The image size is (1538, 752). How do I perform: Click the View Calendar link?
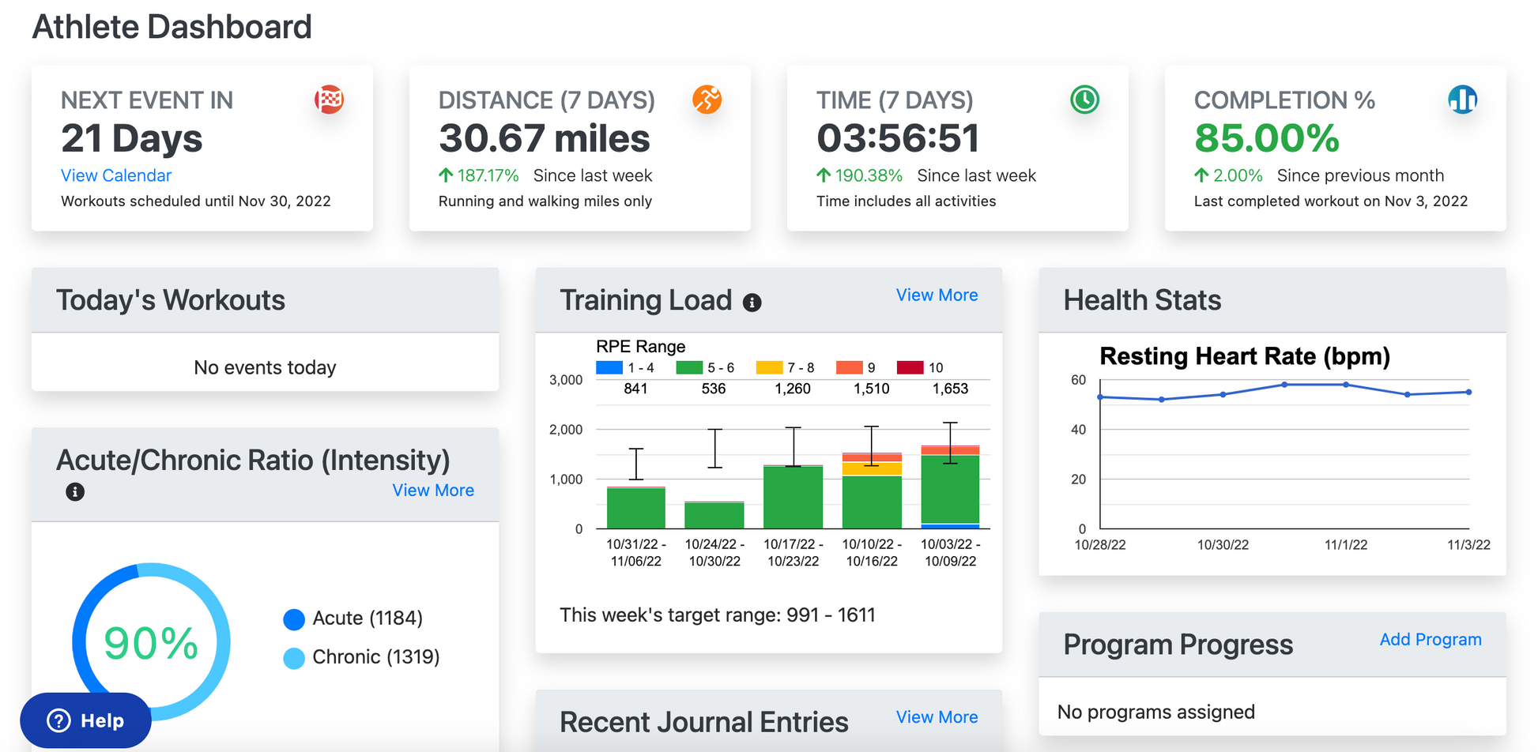point(116,175)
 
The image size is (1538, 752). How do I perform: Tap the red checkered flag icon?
point(329,100)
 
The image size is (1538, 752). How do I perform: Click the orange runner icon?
point(707,100)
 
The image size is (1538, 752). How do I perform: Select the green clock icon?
point(1084,100)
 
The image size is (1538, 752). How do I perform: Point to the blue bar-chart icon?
point(1462,100)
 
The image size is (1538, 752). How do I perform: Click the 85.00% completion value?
point(1266,138)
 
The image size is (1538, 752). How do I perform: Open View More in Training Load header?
point(937,295)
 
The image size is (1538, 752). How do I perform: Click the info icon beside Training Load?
point(752,303)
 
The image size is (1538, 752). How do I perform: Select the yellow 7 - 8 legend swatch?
point(769,367)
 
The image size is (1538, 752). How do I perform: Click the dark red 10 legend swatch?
point(910,367)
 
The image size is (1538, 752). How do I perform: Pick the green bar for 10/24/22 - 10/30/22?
point(714,515)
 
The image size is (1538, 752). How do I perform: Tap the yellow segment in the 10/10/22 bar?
point(872,468)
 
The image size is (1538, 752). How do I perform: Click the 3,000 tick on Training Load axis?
point(566,380)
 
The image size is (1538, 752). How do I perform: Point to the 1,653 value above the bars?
point(950,389)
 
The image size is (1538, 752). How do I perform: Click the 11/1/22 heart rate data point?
point(1346,385)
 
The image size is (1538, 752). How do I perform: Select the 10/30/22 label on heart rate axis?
point(1223,545)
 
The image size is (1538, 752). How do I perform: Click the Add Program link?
point(1431,639)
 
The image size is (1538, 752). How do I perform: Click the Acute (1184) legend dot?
point(294,619)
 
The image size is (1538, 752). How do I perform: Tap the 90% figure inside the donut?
point(151,643)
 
